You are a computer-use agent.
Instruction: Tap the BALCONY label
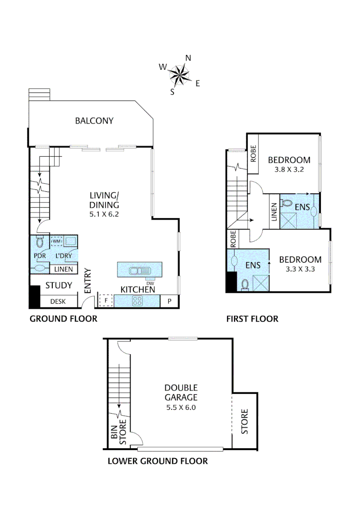(x=94, y=121)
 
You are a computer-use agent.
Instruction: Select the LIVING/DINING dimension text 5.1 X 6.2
(x=104, y=213)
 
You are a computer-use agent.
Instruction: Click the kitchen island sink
(x=140, y=271)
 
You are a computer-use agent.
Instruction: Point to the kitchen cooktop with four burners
(x=138, y=300)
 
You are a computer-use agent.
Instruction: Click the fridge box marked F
(x=106, y=300)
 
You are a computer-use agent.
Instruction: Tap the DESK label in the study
(x=58, y=301)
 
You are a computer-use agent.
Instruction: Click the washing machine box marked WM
(x=57, y=241)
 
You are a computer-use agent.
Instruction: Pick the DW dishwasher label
(x=150, y=283)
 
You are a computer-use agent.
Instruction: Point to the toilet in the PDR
(x=40, y=242)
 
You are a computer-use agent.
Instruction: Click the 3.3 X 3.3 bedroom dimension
(x=300, y=270)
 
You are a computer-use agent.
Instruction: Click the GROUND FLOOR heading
(x=63, y=319)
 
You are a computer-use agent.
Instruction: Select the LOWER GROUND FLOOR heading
(x=158, y=461)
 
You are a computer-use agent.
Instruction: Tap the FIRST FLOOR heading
(x=252, y=319)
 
